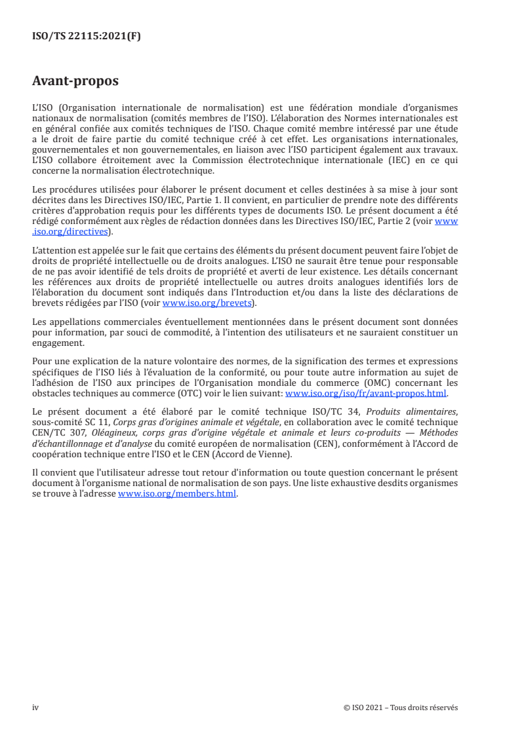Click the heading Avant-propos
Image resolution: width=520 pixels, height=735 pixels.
(75, 82)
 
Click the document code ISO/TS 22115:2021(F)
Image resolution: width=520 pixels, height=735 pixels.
(87, 37)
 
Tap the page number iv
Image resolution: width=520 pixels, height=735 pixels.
(35, 707)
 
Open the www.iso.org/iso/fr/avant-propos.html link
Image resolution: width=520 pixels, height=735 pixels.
(366, 394)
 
